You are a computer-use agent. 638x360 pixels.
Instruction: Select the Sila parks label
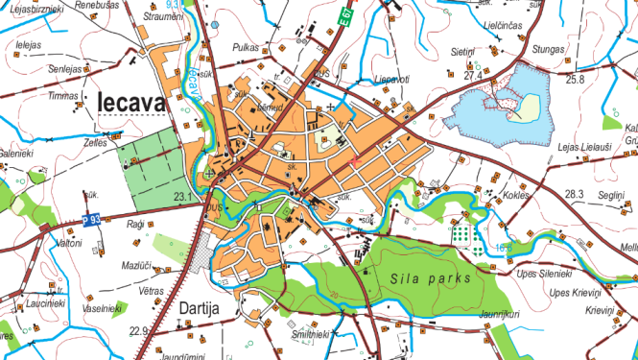pyautogui.click(x=431, y=278)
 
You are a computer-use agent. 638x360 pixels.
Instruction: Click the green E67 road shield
pyautogui.click(x=346, y=17)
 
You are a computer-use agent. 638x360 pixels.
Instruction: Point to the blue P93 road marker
pyautogui.click(x=91, y=220)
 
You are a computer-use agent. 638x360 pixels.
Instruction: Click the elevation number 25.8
pyautogui.click(x=575, y=79)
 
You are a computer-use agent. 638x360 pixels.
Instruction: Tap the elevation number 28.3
pyautogui.click(x=574, y=195)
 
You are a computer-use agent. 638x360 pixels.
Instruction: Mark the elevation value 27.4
pyautogui.click(x=471, y=75)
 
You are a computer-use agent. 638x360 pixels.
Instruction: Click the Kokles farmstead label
pyautogui.click(x=515, y=195)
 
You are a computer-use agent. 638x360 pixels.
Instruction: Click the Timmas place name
pyautogui.click(x=63, y=97)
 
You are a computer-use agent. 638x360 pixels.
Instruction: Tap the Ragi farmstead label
pyautogui.click(x=134, y=224)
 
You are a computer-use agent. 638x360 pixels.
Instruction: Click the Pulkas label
pyautogui.click(x=247, y=46)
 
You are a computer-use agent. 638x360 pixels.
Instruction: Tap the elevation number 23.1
pyautogui.click(x=183, y=198)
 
